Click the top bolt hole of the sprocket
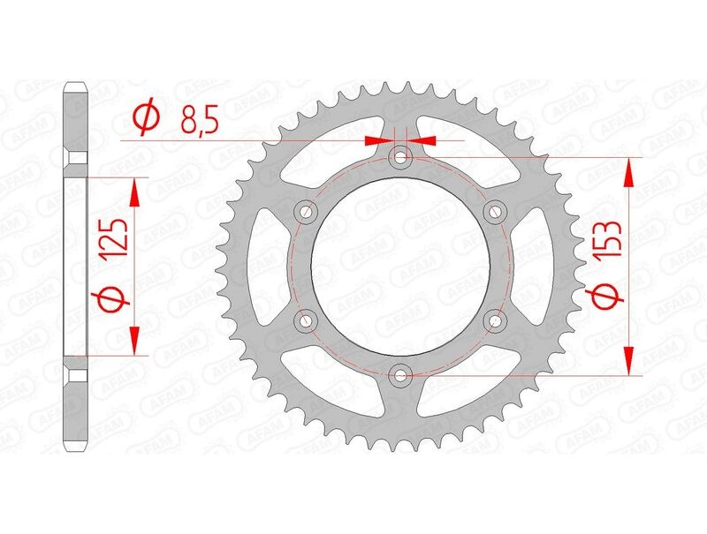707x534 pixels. point(401,158)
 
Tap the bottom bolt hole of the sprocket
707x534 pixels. point(401,376)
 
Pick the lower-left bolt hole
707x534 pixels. point(307,321)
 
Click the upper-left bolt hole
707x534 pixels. point(307,212)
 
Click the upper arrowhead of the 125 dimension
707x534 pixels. point(134,191)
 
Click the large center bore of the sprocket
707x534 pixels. point(401,267)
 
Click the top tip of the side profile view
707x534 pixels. point(77,85)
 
